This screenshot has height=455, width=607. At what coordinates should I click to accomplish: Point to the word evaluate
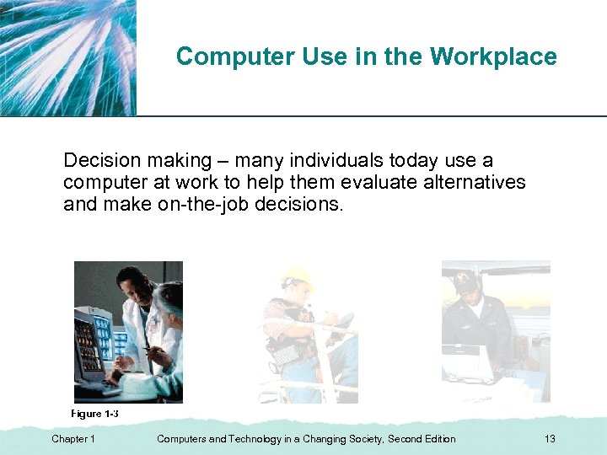(x=373, y=182)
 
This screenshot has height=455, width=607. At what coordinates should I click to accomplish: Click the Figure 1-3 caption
(x=94, y=414)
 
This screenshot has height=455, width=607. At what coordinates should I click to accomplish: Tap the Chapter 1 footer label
(x=73, y=439)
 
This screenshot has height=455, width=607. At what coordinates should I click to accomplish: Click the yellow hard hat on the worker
(x=298, y=277)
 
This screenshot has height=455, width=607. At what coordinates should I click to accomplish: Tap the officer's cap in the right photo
(x=466, y=281)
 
